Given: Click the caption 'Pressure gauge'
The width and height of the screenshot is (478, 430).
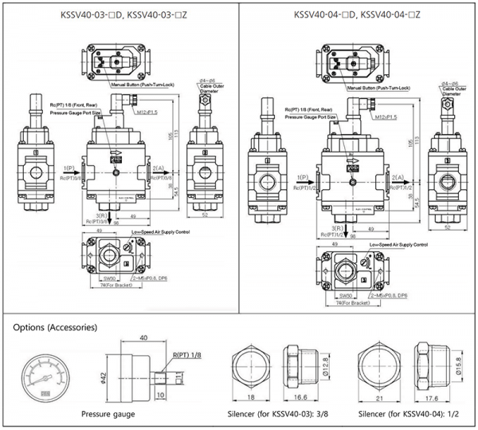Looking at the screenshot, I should coord(108,414).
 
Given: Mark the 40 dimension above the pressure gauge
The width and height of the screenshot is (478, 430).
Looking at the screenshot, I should coord(143,338).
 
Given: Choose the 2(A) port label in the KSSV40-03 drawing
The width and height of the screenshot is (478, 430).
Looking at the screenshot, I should coord(158,169).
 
